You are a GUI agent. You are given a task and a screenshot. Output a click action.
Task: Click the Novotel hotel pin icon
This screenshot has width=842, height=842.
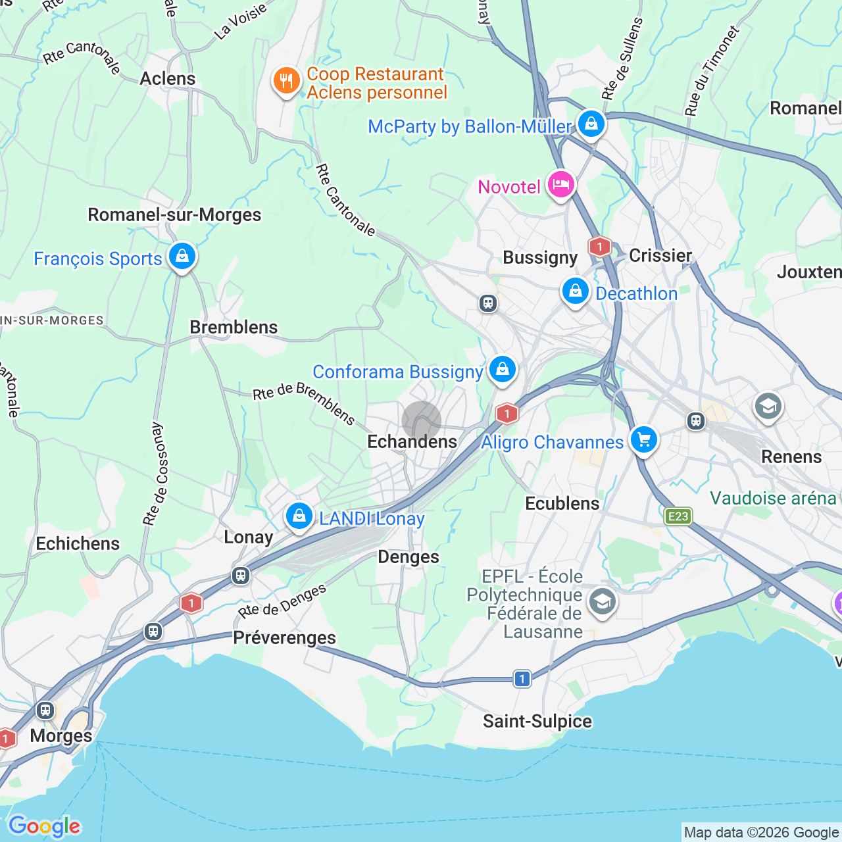click(560, 185)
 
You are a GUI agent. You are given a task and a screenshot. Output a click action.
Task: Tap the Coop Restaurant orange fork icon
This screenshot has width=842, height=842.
click(286, 82)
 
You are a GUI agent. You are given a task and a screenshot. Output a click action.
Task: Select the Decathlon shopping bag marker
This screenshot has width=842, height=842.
click(575, 291)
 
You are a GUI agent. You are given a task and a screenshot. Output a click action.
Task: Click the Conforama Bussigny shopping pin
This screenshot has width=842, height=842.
click(503, 370)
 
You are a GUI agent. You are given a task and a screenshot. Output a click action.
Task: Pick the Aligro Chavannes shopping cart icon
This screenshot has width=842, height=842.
click(643, 440)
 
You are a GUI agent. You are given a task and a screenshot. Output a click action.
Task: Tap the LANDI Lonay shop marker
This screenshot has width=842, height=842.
click(299, 516)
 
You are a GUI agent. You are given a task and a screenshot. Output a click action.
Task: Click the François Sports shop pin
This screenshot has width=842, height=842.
click(182, 257)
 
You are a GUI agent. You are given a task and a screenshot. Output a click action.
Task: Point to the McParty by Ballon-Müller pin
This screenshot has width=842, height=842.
click(591, 124)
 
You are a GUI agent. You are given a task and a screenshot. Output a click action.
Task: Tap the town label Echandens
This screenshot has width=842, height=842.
click(412, 442)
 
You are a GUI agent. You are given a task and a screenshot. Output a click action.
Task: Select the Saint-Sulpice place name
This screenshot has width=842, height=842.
click(537, 722)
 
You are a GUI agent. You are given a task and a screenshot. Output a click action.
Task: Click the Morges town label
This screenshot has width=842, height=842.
click(61, 735)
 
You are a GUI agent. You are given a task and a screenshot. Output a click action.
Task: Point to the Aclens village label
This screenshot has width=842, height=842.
click(168, 79)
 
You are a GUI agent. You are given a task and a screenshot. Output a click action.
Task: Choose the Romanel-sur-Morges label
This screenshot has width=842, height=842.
click(174, 215)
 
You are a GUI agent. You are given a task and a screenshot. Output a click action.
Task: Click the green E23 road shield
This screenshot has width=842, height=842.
click(678, 516)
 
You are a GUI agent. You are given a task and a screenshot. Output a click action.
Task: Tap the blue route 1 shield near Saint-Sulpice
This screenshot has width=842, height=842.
click(522, 678)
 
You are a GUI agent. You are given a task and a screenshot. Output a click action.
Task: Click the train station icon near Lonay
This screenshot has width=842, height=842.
click(241, 576)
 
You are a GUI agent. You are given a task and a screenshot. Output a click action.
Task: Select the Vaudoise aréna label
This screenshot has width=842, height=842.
click(773, 499)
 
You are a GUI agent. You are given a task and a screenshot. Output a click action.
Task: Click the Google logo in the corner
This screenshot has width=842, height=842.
click(44, 826)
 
